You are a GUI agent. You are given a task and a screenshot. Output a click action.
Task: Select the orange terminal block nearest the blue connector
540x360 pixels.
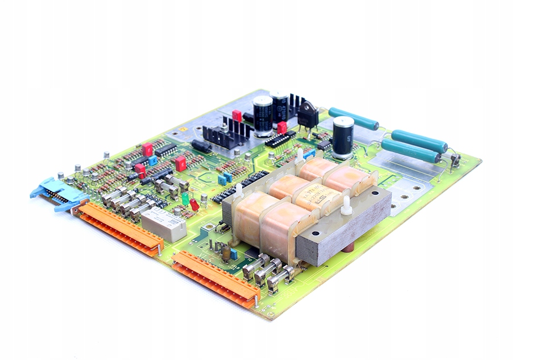click(x=119, y=227)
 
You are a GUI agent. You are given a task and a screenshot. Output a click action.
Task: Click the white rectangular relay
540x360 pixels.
click(x=164, y=224)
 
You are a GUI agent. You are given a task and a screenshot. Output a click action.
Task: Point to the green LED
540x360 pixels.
click(x=185, y=198)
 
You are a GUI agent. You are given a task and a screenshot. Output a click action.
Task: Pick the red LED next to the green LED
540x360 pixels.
click(x=194, y=204)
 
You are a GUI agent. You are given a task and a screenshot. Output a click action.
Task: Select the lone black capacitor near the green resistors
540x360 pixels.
click(x=343, y=136)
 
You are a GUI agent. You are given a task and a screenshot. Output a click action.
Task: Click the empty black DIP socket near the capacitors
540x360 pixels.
click(x=280, y=139)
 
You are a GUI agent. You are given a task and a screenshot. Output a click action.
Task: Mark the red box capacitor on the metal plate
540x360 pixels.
click(x=237, y=116)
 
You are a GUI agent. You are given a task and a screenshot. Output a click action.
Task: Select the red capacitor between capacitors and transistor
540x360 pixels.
click(x=282, y=128)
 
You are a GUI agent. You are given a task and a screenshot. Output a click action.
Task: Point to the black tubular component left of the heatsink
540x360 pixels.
click(x=202, y=146)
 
